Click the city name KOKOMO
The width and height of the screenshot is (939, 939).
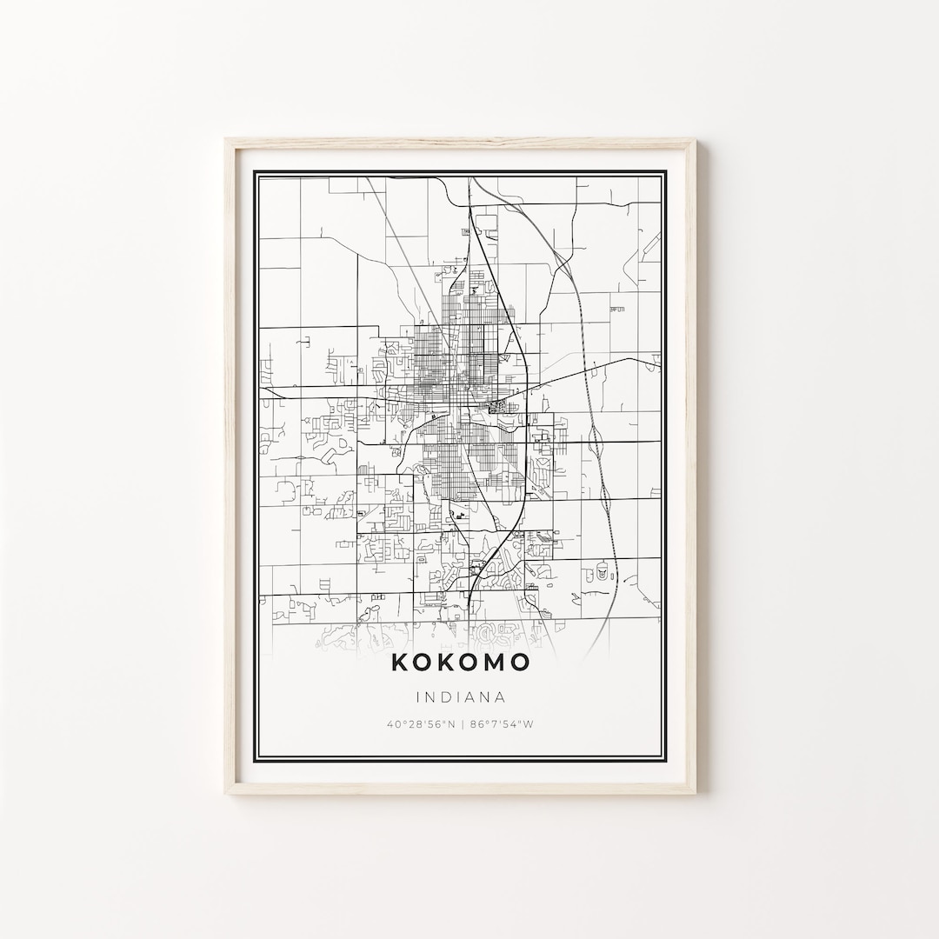click(460, 663)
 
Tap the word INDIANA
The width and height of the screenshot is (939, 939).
click(460, 696)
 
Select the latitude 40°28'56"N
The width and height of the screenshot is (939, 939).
click(421, 724)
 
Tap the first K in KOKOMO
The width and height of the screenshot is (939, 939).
click(400, 663)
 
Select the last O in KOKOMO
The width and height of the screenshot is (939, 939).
click(519, 663)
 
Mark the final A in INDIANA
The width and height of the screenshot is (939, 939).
click(500, 696)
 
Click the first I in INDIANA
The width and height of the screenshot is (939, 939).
click(419, 696)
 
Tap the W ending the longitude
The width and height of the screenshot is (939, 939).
click(528, 724)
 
